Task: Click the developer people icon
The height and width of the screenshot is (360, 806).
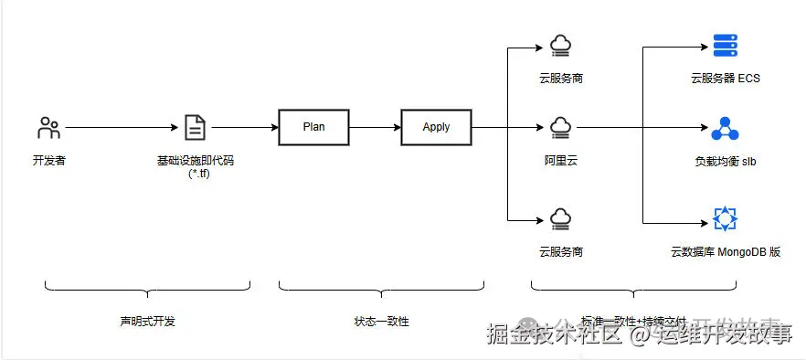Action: [48, 127]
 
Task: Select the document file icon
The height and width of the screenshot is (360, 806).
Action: [195, 127]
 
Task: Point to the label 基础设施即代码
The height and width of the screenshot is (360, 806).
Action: [195, 160]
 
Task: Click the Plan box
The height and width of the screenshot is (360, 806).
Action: [313, 127]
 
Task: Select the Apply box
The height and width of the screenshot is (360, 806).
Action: [436, 127]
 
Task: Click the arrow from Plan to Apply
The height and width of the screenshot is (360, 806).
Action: [375, 127]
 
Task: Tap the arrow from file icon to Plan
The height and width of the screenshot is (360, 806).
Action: [242, 127]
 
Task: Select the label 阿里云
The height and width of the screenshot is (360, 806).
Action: [560, 160]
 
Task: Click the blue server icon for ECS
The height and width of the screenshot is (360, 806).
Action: [725, 46]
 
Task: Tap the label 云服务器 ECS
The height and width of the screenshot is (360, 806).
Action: [725, 79]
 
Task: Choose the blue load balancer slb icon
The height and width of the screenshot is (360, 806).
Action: [724, 127]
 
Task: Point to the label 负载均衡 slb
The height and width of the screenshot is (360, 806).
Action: [725, 161]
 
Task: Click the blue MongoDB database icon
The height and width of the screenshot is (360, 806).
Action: [725, 219]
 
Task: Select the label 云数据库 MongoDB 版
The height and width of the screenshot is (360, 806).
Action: [725, 251]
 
